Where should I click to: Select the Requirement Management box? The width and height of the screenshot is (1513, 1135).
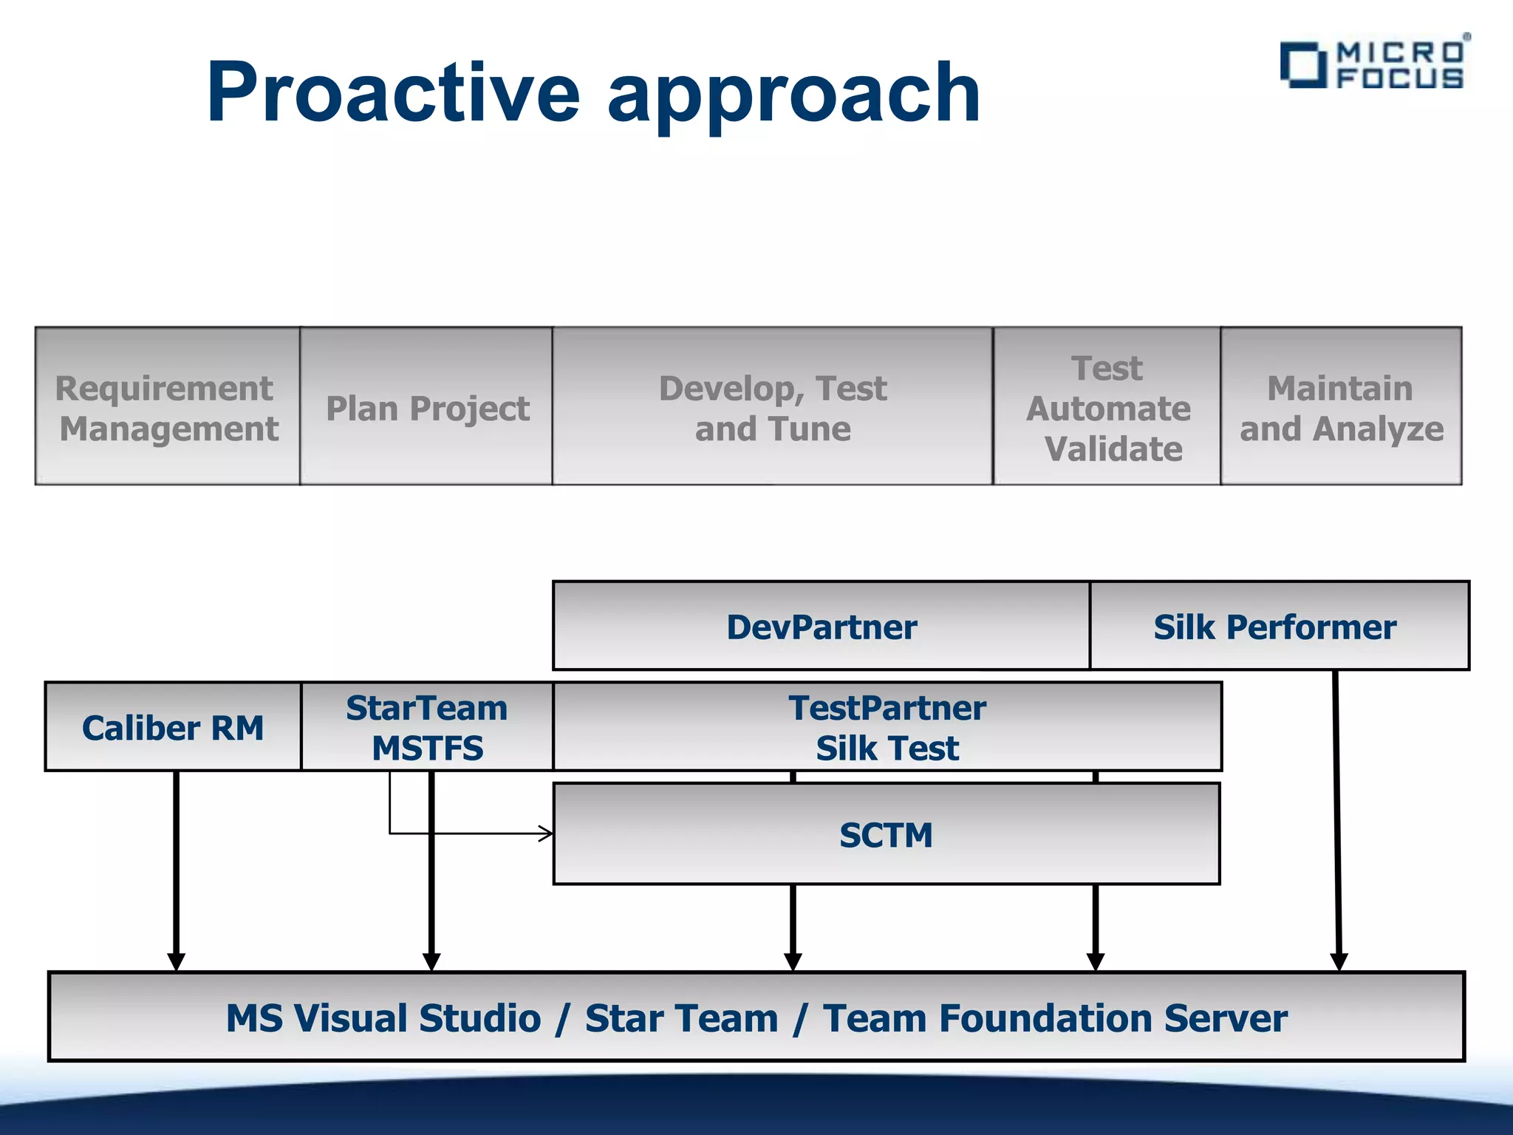tap(168, 407)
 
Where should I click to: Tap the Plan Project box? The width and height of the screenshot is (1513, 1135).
tap(427, 407)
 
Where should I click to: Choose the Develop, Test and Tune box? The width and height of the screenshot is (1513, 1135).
tap(772, 407)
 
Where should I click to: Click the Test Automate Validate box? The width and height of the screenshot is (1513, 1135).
tap(1107, 407)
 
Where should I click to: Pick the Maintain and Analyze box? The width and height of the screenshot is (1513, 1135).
tap(1341, 407)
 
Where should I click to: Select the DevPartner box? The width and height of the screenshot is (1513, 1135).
tap(821, 627)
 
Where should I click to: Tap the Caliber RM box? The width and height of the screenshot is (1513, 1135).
tap(173, 728)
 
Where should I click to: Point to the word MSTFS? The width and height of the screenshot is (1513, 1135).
tap(427, 748)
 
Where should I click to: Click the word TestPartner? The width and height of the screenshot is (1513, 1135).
tap(887, 708)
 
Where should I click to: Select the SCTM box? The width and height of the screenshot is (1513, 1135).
tap(886, 835)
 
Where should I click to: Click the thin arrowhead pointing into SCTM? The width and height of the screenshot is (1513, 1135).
tap(546, 834)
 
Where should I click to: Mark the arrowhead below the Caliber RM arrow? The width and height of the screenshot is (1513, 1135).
tap(176, 961)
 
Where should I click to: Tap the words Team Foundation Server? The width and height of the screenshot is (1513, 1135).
tap(1055, 1018)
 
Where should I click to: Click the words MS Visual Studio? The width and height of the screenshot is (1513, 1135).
tap(383, 1018)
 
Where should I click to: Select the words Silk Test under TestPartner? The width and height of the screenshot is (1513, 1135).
tap(887, 748)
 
